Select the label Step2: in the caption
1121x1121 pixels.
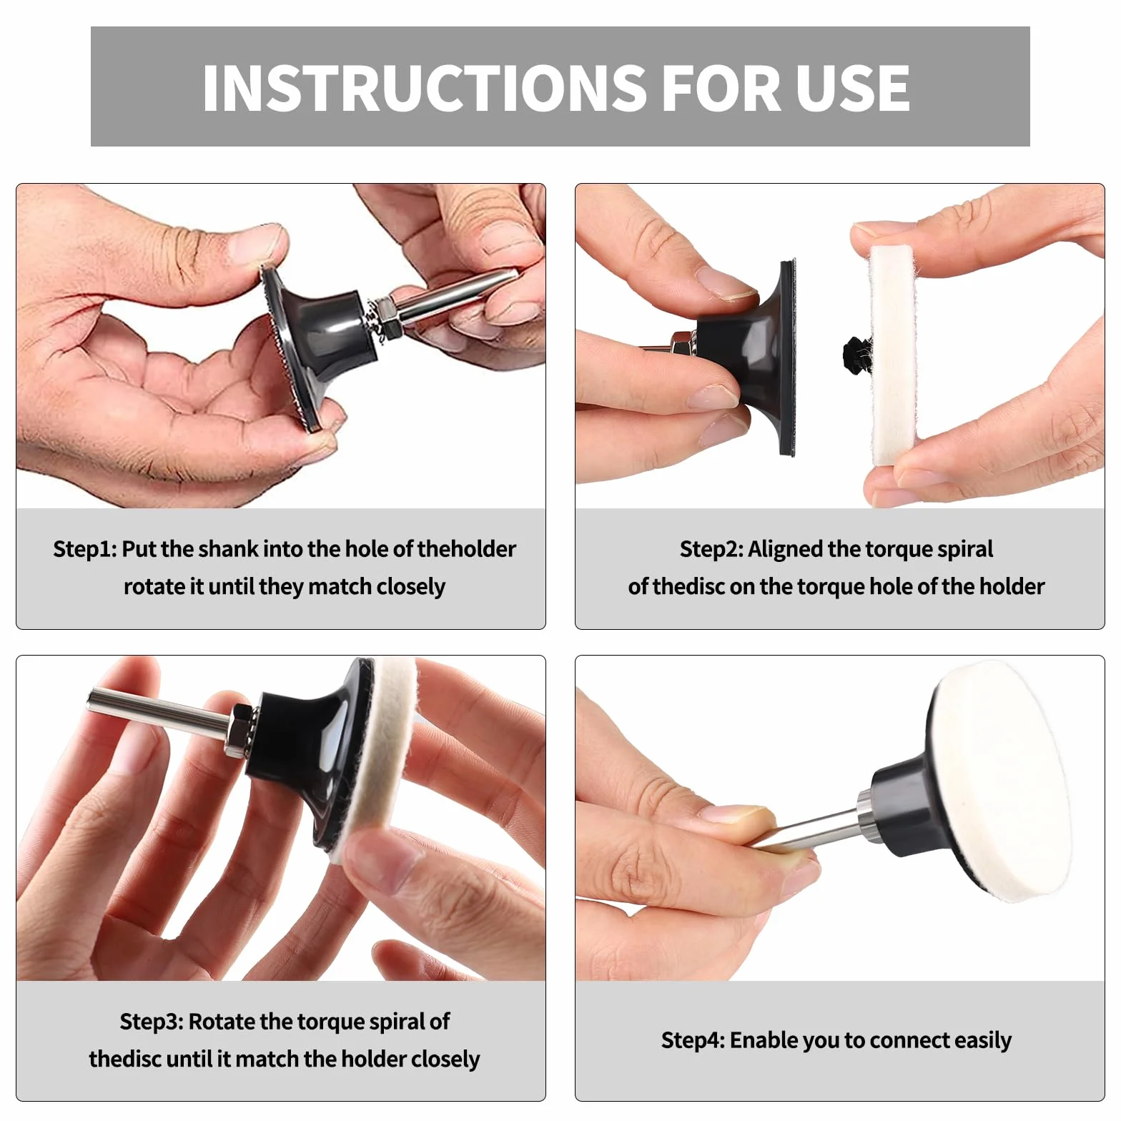pyautogui.click(x=711, y=549)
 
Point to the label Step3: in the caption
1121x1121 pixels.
pyautogui.click(x=151, y=1022)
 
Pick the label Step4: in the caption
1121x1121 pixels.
pyautogui.click(x=692, y=1040)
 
